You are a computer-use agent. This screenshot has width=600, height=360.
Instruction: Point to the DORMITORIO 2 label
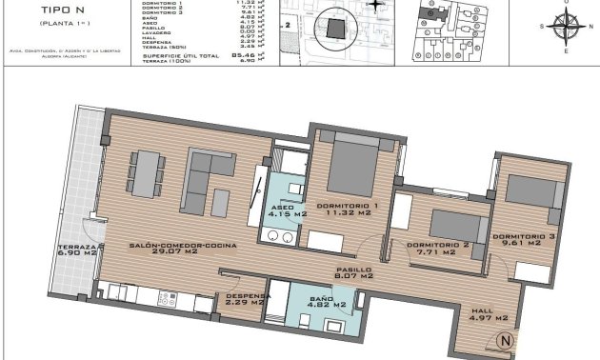click(x=438, y=245)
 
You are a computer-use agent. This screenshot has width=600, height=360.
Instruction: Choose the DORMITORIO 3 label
click(x=524, y=236)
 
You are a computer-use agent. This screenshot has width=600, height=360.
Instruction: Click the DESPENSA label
click(x=248, y=296)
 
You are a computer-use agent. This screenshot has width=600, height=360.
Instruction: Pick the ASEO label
click(x=283, y=207)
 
